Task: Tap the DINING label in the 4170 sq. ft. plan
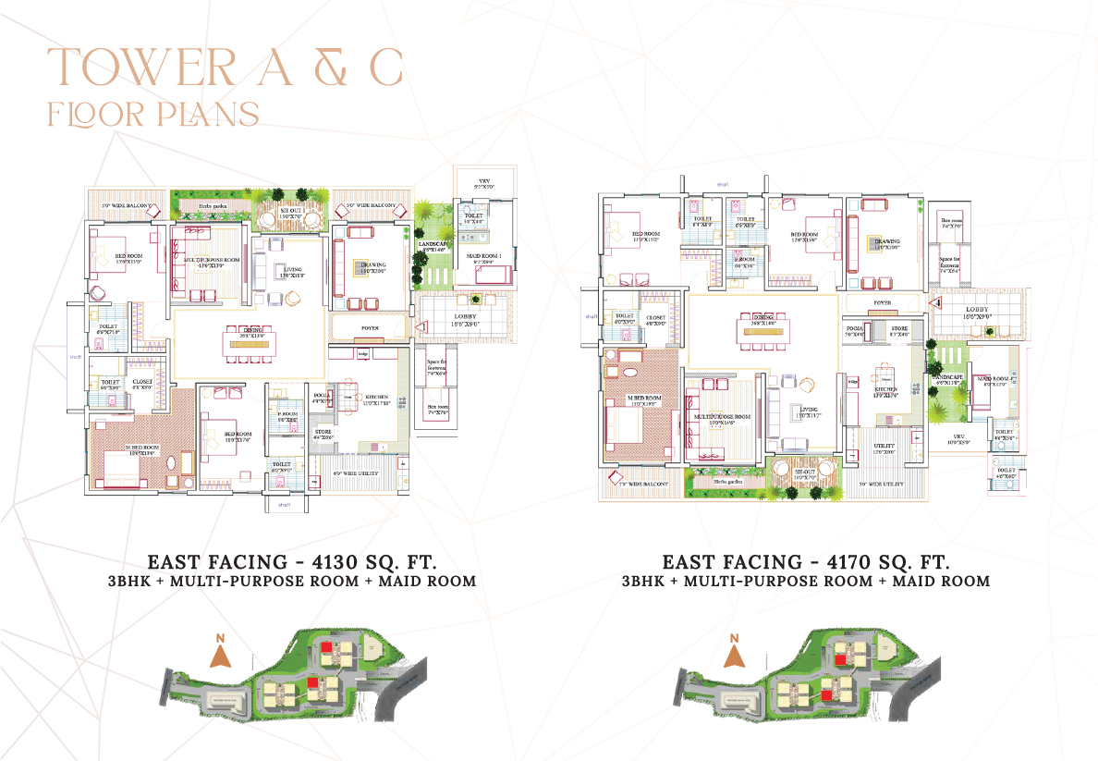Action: click(x=762, y=315)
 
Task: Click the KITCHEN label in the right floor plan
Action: click(x=885, y=389)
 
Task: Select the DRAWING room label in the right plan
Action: click(x=886, y=241)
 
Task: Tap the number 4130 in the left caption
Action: click(x=337, y=561)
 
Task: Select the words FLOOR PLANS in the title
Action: click(x=152, y=114)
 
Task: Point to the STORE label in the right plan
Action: click(x=899, y=328)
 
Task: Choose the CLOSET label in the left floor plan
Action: click(x=141, y=382)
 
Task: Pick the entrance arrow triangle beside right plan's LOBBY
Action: click(x=935, y=301)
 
